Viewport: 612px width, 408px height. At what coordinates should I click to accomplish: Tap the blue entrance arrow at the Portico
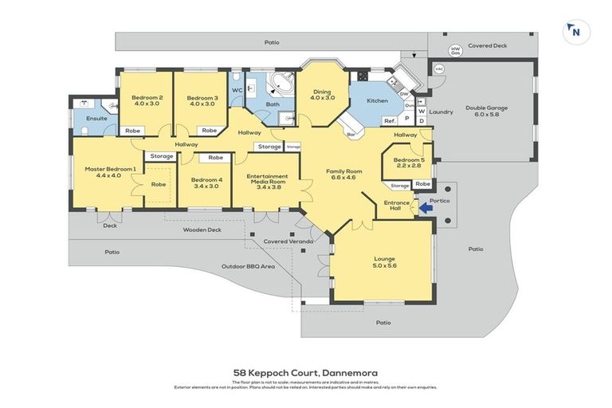coord(426,208)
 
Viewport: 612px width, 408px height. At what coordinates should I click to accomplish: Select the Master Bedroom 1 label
coord(111,172)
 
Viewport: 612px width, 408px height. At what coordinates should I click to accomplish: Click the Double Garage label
coord(486,111)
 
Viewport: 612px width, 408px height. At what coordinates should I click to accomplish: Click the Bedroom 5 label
coord(406,163)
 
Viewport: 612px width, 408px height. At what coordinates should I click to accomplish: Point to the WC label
coord(237,90)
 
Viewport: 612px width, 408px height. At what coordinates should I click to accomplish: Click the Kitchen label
coord(377,101)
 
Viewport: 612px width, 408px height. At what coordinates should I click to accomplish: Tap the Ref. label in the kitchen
coord(390,120)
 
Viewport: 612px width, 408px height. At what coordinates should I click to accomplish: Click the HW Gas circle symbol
coord(456,51)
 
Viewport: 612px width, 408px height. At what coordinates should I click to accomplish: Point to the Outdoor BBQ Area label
coord(248,266)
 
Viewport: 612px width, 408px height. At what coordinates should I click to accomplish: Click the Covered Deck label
coord(488,46)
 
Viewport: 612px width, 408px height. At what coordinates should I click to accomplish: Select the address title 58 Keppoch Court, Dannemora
coord(306,372)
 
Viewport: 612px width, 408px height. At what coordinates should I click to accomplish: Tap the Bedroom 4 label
coord(206,182)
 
